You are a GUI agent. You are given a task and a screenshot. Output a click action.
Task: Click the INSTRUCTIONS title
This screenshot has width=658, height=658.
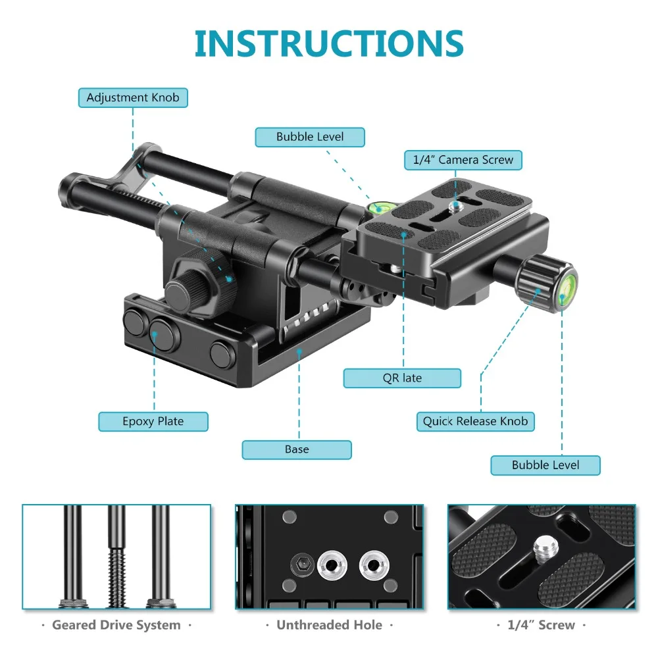[x=329, y=43]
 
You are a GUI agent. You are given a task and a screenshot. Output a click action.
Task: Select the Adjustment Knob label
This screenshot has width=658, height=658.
[x=133, y=98]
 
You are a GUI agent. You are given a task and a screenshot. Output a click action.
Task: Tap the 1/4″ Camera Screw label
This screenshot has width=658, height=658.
[x=463, y=160]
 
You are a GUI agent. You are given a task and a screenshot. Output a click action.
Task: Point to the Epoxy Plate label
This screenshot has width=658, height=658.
[x=153, y=422]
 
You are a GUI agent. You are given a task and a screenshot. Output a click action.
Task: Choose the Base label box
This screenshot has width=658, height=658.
[x=297, y=449]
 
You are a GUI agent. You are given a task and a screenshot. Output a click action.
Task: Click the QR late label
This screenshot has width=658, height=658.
[x=402, y=378]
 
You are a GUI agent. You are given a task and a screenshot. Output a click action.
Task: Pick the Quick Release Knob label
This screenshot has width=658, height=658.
[x=475, y=422]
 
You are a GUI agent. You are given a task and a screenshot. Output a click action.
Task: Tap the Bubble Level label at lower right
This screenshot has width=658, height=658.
[x=545, y=465]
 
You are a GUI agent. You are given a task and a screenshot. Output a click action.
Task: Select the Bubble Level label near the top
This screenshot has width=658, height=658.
[x=310, y=137]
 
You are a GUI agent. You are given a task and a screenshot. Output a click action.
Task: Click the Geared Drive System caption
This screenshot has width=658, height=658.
[x=116, y=624]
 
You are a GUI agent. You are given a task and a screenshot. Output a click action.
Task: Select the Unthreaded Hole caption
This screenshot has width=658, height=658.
[x=329, y=624]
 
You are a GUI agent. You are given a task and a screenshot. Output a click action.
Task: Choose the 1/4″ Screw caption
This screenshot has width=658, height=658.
[x=542, y=624]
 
